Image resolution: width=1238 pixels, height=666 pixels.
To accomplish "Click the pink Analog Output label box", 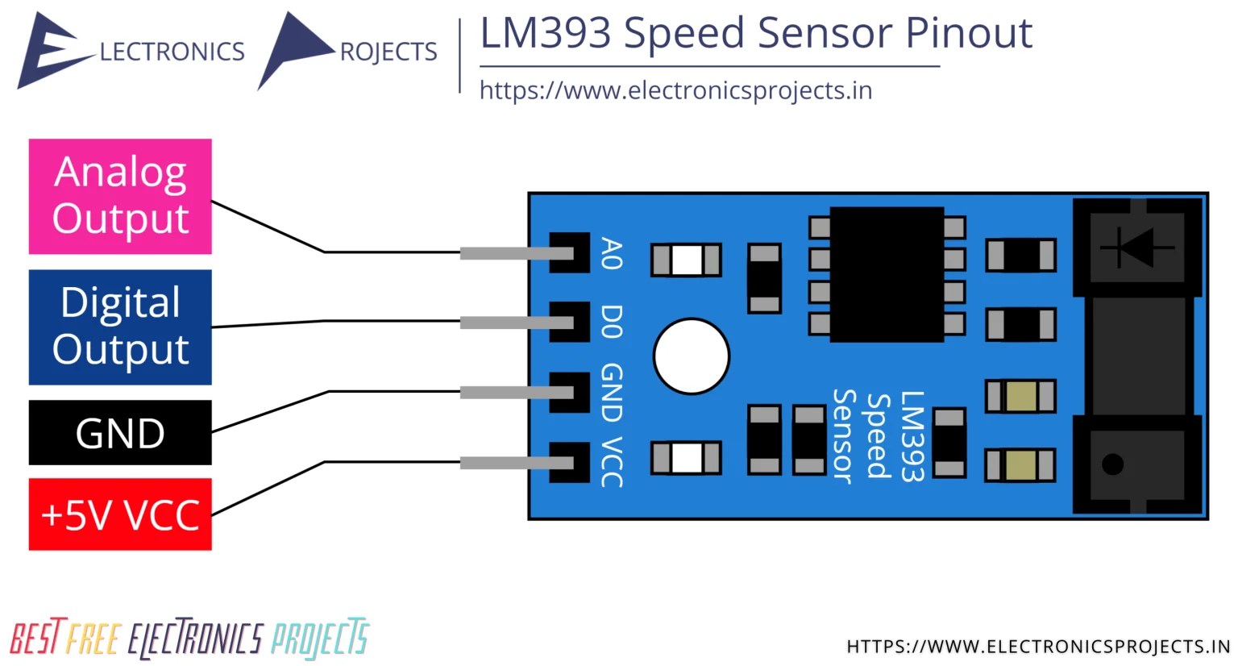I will point(120,196).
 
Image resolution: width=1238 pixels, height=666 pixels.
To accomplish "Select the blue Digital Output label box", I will point(120,327).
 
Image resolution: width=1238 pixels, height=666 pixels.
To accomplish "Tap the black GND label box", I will point(120,433).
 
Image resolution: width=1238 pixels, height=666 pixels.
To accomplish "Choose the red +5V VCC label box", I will point(120,514).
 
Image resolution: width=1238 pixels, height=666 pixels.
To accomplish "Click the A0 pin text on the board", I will point(612,253).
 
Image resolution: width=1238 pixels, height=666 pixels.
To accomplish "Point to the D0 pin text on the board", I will point(612,321).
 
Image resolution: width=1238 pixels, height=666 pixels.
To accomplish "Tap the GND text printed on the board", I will point(612,393).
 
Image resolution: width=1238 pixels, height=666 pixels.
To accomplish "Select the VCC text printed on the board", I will point(612,462).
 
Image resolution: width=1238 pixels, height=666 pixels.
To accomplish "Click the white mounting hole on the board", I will point(692,356).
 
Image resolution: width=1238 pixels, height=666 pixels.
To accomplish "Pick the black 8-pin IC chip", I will point(887,274).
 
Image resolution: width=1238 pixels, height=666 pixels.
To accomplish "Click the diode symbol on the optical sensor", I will point(1137,247).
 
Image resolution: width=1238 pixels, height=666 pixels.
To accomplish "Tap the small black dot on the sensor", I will point(1112,464).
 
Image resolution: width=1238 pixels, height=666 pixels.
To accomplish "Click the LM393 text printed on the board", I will point(912,436).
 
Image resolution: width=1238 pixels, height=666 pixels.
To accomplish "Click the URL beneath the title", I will point(675,90).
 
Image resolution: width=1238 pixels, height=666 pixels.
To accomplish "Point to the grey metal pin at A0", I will point(516,253).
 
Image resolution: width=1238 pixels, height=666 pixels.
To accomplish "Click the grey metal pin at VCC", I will point(516,463).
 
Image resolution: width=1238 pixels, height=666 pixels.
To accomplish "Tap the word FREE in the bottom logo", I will point(93,639).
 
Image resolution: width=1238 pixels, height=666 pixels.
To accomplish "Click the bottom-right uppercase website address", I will point(1038,647).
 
